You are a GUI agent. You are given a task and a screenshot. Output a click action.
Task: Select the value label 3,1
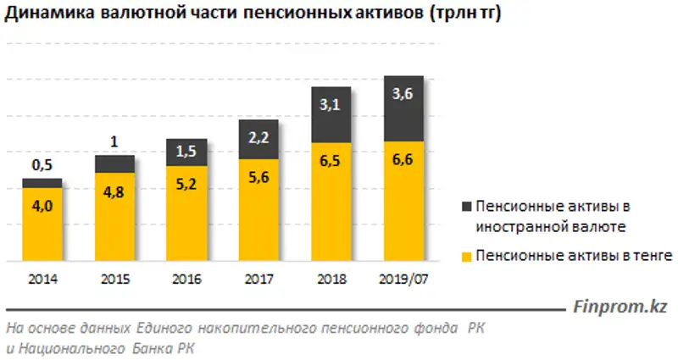point(331,106)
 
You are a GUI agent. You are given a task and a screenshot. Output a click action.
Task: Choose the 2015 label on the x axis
point(114,278)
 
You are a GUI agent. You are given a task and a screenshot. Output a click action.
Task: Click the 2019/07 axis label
point(403,278)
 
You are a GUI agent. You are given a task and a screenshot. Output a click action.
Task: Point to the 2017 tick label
point(258,278)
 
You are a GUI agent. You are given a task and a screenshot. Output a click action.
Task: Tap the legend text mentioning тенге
point(574,255)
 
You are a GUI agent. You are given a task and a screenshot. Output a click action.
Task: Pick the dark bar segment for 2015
point(114,163)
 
